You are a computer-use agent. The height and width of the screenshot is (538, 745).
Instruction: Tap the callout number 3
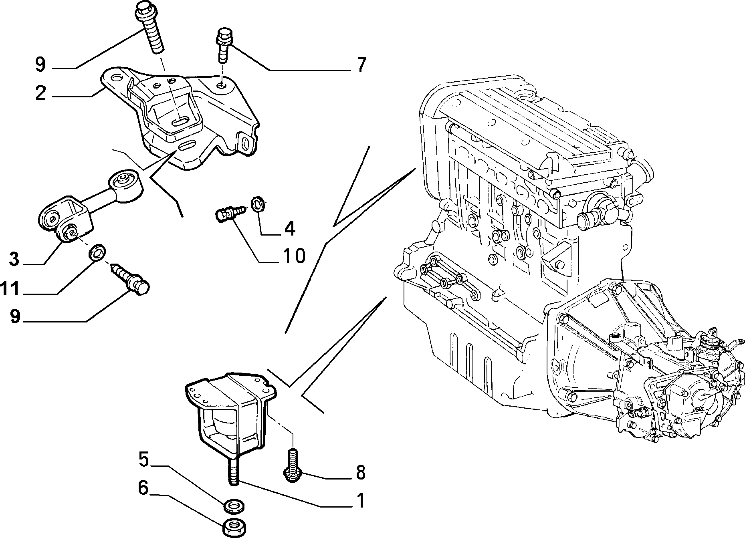click(14, 259)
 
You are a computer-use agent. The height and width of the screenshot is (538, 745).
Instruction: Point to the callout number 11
click(10, 288)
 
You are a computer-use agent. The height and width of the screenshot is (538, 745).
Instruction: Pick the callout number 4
click(289, 228)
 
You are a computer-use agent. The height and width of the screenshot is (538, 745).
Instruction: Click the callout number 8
click(360, 473)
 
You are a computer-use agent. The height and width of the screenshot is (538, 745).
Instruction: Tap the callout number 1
click(360, 500)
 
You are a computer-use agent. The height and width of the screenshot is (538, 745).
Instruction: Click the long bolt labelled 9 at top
click(150, 26)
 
